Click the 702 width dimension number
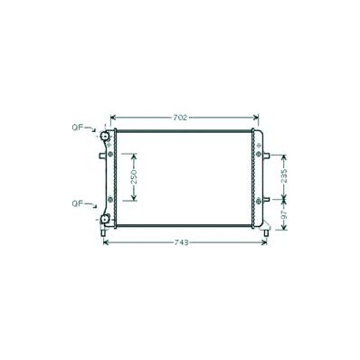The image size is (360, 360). pos(181,118)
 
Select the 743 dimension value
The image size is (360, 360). pos(181,242)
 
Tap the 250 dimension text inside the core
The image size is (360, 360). pos(134,176)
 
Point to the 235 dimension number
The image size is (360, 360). pos(284,175)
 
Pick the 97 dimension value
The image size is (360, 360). pos(284,215)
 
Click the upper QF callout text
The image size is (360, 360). pos(77,128)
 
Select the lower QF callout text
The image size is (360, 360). pos(77,204)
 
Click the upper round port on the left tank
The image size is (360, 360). pos(105,136)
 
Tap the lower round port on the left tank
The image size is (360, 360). pos(105,219)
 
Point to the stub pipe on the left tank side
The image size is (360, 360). pos(102,156)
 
